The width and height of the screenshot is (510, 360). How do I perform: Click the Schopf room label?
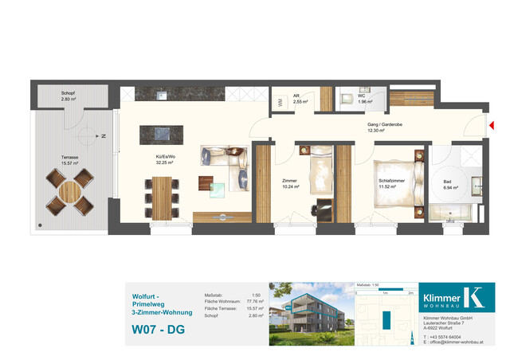click(69, 96)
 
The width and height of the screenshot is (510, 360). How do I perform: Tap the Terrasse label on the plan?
click(71, 160)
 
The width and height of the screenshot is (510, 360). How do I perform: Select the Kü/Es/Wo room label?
click(166, 159)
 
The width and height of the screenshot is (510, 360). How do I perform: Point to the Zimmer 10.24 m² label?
click(290, 184)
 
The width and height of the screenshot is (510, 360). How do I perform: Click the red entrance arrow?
click(492, 125)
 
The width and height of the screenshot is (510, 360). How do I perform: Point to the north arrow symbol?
click(101, 137)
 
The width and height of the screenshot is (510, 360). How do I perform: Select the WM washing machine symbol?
click(280, 102)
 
